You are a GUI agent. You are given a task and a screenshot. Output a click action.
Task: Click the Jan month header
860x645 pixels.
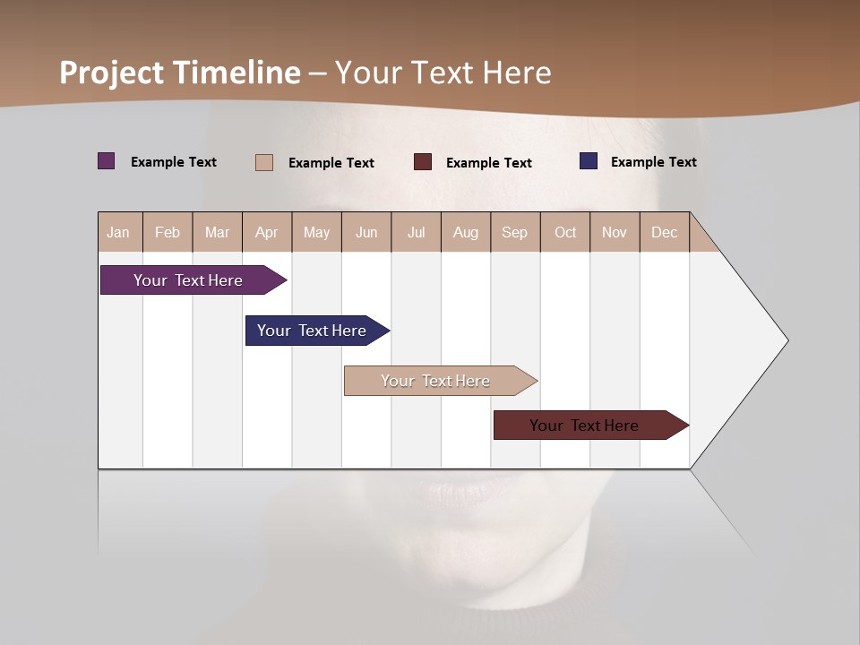point(119,232)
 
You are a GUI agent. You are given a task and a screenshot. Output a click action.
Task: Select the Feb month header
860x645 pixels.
point(168,232)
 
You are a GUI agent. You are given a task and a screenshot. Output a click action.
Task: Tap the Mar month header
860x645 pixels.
point(217,232)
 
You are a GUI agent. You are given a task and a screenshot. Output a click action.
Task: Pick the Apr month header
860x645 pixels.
point(267,232)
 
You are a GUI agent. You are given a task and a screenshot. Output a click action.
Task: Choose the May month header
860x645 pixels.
point(316,232)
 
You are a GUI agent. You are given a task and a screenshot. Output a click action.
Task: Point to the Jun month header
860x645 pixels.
point(366,232)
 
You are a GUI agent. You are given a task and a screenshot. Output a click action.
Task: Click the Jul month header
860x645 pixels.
point(416,232)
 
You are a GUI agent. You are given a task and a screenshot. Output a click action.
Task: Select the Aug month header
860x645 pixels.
point(466,232)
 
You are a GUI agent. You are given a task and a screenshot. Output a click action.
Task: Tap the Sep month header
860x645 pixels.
point(515,232)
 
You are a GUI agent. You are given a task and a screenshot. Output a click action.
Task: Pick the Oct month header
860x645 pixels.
point(565,232)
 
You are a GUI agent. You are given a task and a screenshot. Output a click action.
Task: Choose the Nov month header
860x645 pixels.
point(615,232)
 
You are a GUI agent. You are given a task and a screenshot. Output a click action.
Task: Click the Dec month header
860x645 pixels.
point(664,232)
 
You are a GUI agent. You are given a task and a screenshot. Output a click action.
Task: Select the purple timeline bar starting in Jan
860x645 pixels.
point(188,280)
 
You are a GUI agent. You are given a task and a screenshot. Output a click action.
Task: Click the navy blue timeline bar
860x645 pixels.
point(312,331)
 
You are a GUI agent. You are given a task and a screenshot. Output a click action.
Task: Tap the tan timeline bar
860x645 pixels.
point(435,381)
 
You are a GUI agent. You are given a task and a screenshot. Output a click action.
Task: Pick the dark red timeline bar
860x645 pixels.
point(584,426)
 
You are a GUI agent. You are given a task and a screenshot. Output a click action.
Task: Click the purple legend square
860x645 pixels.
point(107,161)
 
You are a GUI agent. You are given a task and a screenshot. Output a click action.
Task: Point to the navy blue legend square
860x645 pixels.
point(589,161)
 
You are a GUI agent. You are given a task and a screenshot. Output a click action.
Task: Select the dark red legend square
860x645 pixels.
point(423,161)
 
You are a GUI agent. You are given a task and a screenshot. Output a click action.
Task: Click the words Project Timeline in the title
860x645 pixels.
point(180,73)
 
